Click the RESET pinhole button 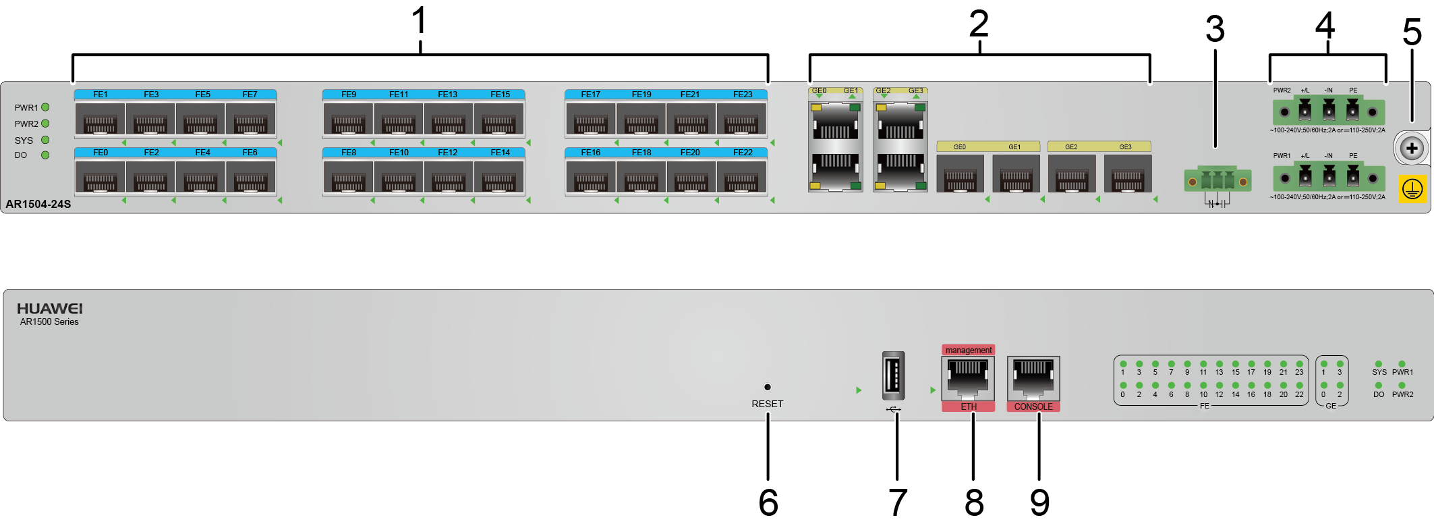click(767, 387)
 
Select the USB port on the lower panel click(893, 375)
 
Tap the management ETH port click(968, 377)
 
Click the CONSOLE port click(1033, 377)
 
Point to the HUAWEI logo click(49, 309)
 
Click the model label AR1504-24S click(38, 204)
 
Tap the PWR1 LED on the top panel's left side click(45, 107)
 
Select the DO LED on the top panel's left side click(45, 155)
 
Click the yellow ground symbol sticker click(1412, 190)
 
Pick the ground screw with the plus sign click(1411, 149)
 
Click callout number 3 click(1215, 29)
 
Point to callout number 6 click(768, 503)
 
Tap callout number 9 click(1039, 503)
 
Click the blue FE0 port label click(101, 153)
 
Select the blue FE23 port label click(743, 95)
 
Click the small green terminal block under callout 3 click(1217, 181)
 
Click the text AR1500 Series click(49, 322)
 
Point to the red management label click(968, 350)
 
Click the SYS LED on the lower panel click(1378, 364)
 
